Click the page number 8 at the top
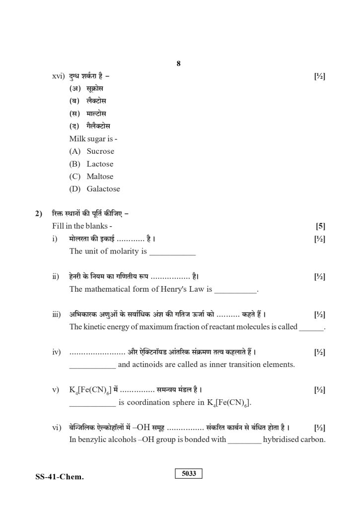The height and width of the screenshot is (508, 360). pyautogui.click(x=178, y=63)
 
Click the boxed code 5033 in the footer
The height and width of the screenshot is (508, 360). pyautogui.click(x=189, y=474)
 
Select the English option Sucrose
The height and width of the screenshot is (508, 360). pyautogui.click(x=100, y=151)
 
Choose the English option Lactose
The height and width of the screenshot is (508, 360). pyautogui.click(x=100, y=164)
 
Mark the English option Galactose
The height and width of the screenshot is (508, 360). pyautogui.click(x=103, y=189)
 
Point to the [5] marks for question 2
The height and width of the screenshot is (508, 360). pyautogui.click(x=320, y=226)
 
